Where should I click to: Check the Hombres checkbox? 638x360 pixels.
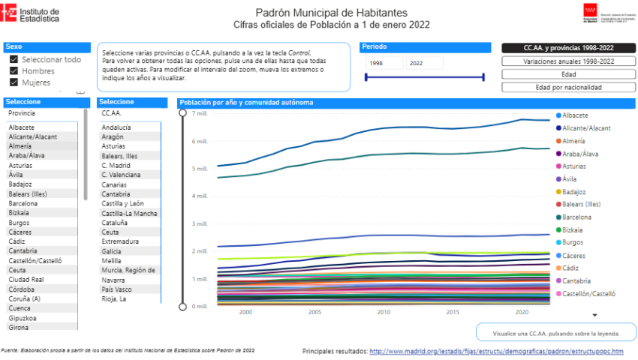pos(14,71)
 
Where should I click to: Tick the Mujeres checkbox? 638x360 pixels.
pos(14,82)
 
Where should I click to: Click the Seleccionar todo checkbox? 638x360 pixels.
pos(14,59)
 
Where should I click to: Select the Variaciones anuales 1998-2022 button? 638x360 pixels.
pos(568,61)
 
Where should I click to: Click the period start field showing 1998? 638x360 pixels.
pos(384,64)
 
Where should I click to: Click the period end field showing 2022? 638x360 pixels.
pos(425,64)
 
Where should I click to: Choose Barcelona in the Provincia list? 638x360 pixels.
pos(23,203)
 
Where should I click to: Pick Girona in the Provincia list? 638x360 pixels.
pos(20,327)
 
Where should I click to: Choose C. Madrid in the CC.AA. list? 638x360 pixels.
pos(116,165)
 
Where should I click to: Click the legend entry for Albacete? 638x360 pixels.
pos(574,115)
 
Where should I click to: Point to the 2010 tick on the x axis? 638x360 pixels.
pos(384,312)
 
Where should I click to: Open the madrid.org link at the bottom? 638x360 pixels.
pos(496,351)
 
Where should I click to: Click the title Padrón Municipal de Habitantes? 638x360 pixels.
pos(332,13)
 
